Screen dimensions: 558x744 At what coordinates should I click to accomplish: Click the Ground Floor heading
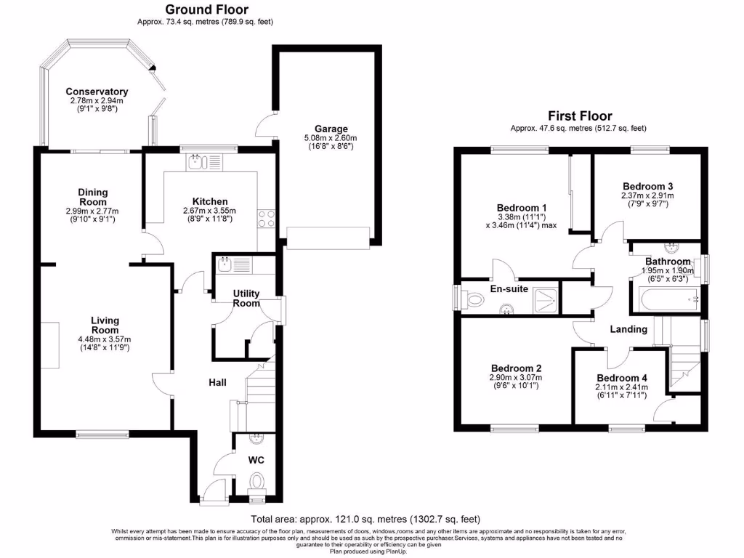click(206, 9)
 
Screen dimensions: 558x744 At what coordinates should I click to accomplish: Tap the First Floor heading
click(579, 116)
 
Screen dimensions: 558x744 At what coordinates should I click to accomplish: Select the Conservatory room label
click(97, 92)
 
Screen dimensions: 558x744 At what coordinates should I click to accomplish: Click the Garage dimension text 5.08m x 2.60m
click(331, 138)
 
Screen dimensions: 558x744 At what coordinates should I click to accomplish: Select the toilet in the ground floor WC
click(256, 481)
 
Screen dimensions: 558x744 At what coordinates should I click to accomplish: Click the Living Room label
click(105, 325)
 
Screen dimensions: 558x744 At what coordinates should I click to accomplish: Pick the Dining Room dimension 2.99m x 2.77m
click(92, 210)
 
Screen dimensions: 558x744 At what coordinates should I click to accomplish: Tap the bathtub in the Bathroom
click(667, 299)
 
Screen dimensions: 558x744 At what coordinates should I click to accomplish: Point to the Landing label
click(628, 329)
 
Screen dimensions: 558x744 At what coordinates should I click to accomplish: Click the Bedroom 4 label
click(621, 378)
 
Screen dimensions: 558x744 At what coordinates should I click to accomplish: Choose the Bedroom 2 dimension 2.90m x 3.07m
click(516, 377)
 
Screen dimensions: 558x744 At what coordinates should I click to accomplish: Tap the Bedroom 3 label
click(647, 185)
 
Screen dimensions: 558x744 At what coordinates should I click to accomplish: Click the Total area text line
click(365, 519)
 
